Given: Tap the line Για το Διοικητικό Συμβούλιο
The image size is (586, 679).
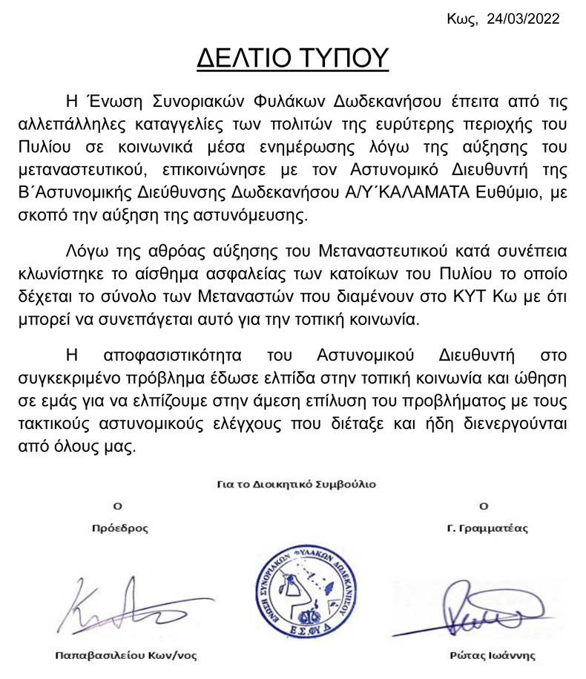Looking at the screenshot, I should point(297,484).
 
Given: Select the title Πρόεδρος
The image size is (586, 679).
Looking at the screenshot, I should point(116,529).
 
